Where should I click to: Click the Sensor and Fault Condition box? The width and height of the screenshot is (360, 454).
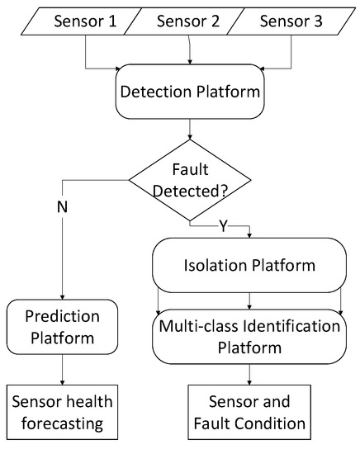249,413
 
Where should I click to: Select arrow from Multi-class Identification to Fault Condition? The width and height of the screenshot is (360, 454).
249,372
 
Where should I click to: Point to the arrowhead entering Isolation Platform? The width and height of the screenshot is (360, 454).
249,234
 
